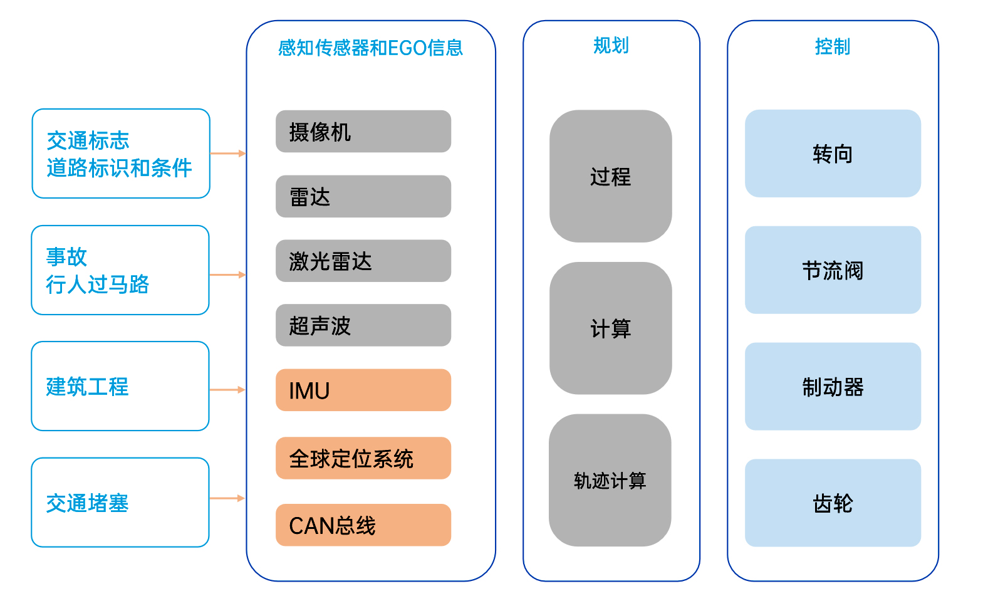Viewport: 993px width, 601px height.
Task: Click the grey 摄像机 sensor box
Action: (x=363, y=132)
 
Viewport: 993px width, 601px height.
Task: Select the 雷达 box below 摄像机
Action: (x=363, y=197)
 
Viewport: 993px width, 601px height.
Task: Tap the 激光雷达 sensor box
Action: (x=363, y=261)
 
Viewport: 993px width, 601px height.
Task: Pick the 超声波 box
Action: (x=363, y=325)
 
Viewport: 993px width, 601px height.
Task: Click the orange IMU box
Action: (x=363, y=390)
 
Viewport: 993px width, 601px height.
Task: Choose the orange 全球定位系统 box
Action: (x=363, y=458)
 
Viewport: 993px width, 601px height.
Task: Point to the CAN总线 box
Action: (x=363, y=525)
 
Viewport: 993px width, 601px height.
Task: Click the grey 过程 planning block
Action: (x=610, y=176)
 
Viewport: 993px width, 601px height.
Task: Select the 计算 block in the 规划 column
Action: (x=610, y=328)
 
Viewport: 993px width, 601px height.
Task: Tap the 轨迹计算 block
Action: (x=610, y=480)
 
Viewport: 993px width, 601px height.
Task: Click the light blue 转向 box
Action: (x=833, y=154)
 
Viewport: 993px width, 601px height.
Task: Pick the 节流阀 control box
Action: (x=833, y=270)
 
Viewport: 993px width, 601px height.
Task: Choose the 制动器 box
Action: (x=833, y=387)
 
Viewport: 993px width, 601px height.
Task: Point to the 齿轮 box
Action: (x=833, y=503)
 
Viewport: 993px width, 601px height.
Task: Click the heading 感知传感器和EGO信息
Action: (x=370, y=48)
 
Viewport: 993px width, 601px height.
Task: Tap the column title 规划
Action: (x=611, y=45)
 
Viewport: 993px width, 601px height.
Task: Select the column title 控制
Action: (x=833, y=46)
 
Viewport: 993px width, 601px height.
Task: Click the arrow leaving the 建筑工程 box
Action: (x=227, y=390)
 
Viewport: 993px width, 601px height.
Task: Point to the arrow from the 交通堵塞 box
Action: (x=227, y=498)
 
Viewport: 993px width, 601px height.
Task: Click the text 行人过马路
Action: (x=97, y=285)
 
